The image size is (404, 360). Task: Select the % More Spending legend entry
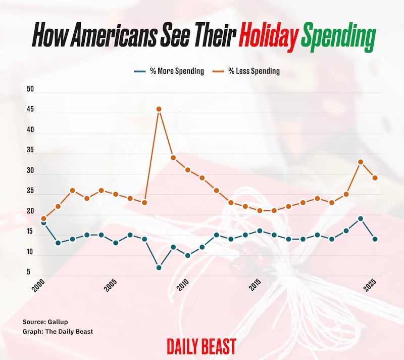(x=169, y=71)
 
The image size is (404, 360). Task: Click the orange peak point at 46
(x=159, y=109)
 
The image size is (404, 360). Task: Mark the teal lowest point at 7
(x=159, y=267)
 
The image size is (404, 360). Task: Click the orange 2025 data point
(x=375, y=178)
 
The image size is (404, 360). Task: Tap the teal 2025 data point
(x=375, y=239)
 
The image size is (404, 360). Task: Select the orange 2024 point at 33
(x=361, y=162)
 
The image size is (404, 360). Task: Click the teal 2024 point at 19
(x=361, y=218)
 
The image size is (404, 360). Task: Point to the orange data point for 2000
(x=43, y=218)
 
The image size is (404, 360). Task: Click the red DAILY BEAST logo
(x=201, y=347)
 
